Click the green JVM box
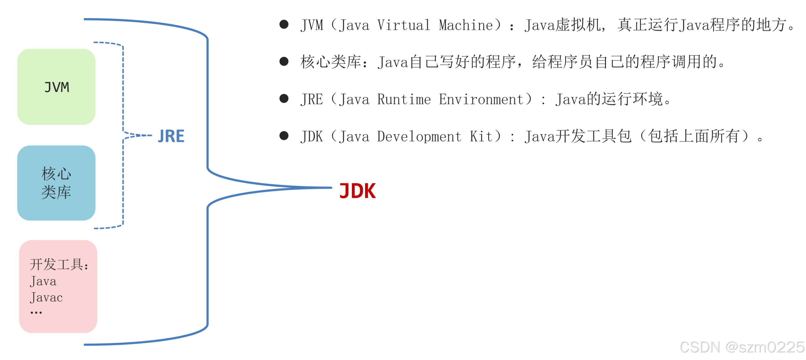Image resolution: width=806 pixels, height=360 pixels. pyautogui.click(x=56, y=87)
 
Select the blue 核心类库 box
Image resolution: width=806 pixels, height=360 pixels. pyautogui.click(x=56, y=183)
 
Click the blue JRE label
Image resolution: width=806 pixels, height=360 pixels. pyautogui.click(x=171, y=136)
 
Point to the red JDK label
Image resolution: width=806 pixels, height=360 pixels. pyautogui.click(x=357, y=191)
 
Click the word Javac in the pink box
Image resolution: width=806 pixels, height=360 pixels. pyautogui.click(x=46, y=298)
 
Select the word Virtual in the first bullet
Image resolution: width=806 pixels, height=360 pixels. pyautogui.click(x=404, y=25)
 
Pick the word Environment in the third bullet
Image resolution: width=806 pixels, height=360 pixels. pyautogui.click(x=481, y=100)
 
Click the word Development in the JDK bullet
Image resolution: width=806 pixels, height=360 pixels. pyautogui.click(x=419, y=137)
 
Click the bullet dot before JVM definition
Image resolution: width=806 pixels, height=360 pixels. pyautogui.click(x=284, y=24)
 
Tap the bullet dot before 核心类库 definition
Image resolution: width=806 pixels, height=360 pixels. pyautogui.click(x=284, y=61)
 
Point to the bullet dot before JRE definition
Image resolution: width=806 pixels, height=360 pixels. pyautogui.click(x=284, y=99)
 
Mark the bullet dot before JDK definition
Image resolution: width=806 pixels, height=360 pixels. pyautogui.click(x=284, y=136)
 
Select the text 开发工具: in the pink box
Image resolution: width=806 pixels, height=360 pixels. pyautogui.click(x=59, y=265)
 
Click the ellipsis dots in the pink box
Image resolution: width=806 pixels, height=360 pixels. pyautogui.click(x=36, y=312)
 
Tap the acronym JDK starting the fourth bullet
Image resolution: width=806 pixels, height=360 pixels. pyautogui.click(x=312, y=137)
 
